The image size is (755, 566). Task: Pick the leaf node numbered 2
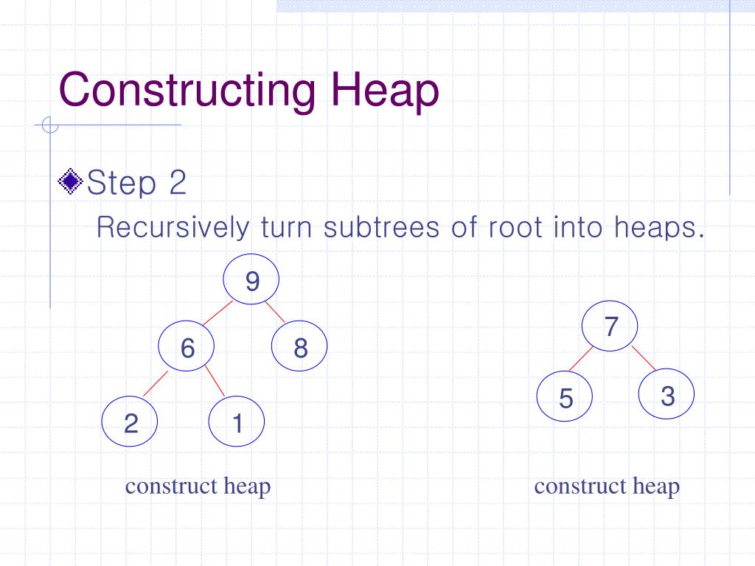(131, 424)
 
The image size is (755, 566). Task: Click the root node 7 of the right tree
(610, 326)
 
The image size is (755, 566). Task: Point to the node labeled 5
(566, 398)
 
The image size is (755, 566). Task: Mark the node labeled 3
(667, 396)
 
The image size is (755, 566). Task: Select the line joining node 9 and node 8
(276, 312)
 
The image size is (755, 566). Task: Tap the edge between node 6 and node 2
(156, 384)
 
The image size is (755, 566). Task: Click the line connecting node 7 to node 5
(582, 358)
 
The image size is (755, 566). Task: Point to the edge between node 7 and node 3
(643, 358)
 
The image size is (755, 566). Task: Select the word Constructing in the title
(188, 91)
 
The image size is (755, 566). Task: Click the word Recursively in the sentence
(173, 227)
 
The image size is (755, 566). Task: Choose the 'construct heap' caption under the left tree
(198, 486)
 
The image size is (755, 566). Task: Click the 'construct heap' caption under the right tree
(607, 486)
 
